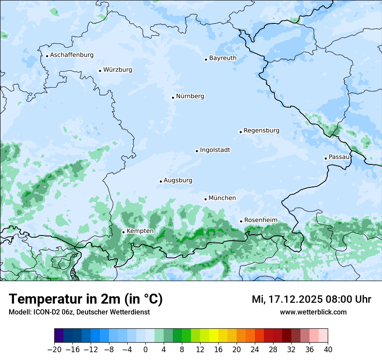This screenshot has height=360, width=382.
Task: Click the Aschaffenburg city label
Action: pyautogui.click(x=72, y=55)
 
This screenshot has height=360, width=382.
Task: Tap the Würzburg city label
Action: pyautogui.click(x=118, y=70)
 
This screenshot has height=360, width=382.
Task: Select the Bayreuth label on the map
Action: pyautogui.click(x=223, y=58)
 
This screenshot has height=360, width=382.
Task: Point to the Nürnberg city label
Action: pyautogui.click(x=190, y=96)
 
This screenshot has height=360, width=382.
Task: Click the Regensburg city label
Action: pyautogui.click(x=261, y=131)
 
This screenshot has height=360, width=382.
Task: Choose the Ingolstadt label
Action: pyautogui.click(x=215, y=150)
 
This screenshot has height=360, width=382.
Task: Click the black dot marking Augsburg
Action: pyautogui.click(x=161, y=181)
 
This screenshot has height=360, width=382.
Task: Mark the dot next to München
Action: pyautogui.click(x=205, y=199)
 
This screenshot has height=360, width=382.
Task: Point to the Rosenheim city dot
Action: pyautogui.click(x=241, y=221)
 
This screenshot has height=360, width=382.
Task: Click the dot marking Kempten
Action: pyautogui.click(x=123, y=232)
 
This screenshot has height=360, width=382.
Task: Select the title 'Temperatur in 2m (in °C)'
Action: pyautogui.click(x=86, y=299)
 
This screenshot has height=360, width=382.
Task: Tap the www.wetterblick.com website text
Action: pyautogui.click(x=313, y=312)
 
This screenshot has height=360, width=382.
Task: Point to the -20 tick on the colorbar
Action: pyautogui.click(x=54, y=349)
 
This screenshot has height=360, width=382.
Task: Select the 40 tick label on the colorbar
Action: pyautogui.click(x=328, y=349)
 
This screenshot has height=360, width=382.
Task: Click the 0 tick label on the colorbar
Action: pyautogui.click(x=145, y=349)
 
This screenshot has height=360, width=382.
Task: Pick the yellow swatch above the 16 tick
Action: pyautogui.click(x=214, y=336)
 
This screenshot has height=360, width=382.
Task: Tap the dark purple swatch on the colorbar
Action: pyautogui.click(x=59, y=336)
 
